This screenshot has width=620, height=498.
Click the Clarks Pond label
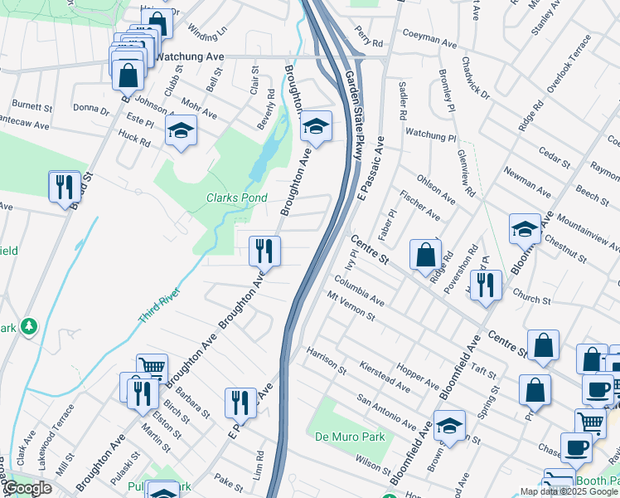[236, 198]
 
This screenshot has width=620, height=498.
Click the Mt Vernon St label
[351, 306]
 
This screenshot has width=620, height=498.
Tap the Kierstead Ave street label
[386, 376]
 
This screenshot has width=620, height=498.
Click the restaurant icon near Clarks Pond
[265, 250]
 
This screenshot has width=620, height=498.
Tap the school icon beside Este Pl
[181, 130]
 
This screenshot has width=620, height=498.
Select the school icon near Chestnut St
[525, 228]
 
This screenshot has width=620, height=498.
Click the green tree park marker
[30, 326]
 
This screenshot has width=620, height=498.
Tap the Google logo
[28, 488]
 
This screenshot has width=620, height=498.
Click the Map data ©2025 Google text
[569, 491]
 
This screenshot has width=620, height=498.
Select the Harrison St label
[325, 359]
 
